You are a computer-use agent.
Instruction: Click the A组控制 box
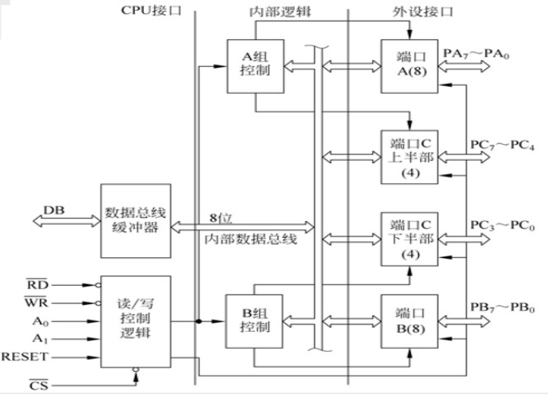255,65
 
